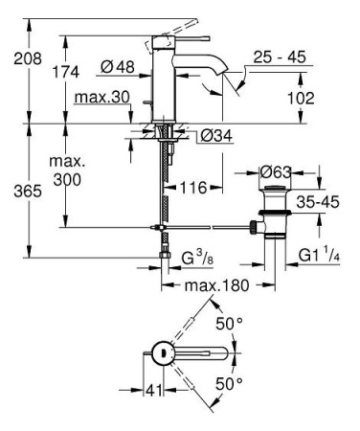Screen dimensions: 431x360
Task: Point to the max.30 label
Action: (99, 99)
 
